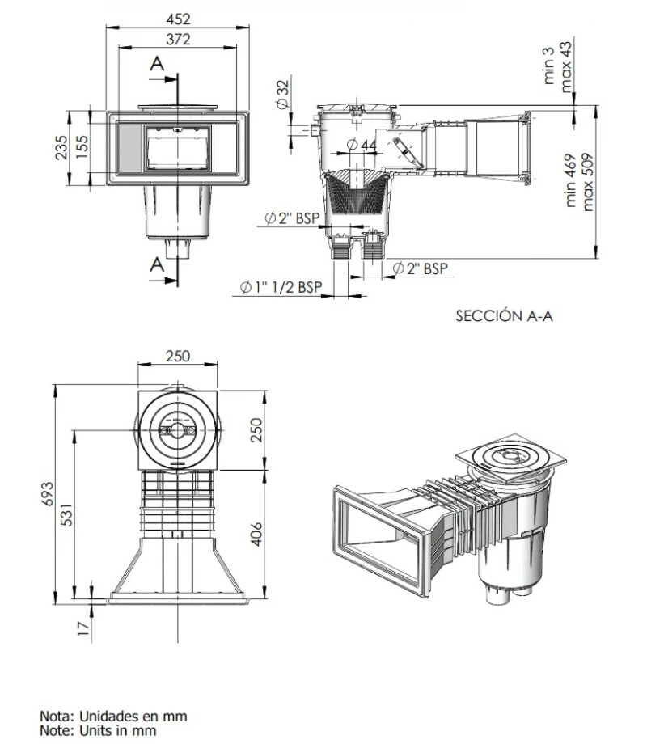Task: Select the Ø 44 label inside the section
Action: (361, 145)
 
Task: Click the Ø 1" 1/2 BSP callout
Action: (281, 288)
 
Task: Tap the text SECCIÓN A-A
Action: (505, 317)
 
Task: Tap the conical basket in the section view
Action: (353, 192)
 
